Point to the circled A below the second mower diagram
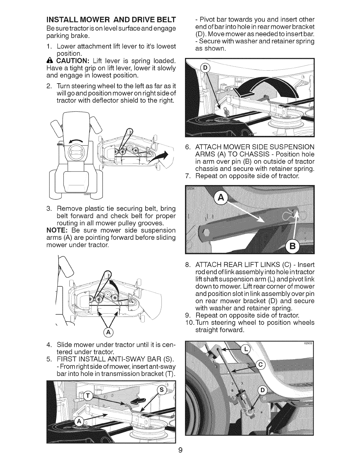click(109, 333)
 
